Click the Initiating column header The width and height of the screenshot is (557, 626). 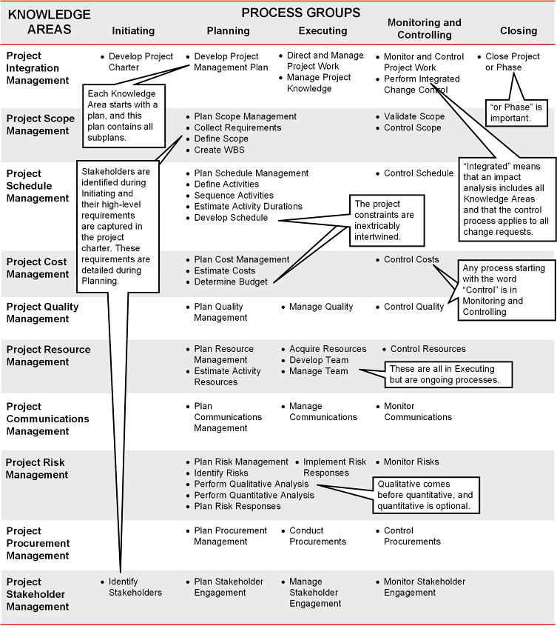point(133,30)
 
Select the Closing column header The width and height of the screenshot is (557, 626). point(519,30)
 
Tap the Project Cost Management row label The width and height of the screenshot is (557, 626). point(36,268)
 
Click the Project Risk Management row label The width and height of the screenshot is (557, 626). point(37,469)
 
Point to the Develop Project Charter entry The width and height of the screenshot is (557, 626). point(141,62)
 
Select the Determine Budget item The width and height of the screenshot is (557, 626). point(231,282)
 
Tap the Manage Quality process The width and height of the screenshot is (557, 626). point(321,307)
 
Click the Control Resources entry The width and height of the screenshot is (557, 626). point(428,349)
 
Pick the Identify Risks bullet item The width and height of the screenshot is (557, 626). point(221,473)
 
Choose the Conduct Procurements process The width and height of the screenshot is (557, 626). point(317,536)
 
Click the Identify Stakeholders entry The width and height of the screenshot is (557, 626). point(135,587)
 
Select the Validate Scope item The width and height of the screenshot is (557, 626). point(414,116)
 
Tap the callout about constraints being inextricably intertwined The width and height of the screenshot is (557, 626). point(388,220)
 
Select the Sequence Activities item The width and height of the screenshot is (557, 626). point(234,196)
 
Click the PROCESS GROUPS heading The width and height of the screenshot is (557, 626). point(301,13)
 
